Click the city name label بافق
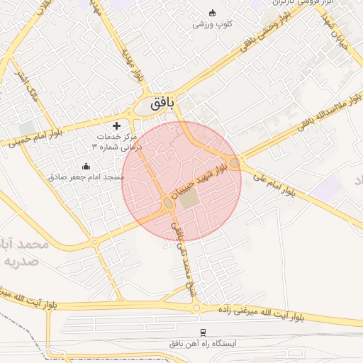[162, 105]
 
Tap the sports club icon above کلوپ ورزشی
[212, 12]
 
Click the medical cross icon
[117, 125]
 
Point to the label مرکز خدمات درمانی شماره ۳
[118, 140]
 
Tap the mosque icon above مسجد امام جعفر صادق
[86, 167]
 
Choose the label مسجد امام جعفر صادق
[86, 177]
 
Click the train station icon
[203, 332]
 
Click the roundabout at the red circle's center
[168, 203]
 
